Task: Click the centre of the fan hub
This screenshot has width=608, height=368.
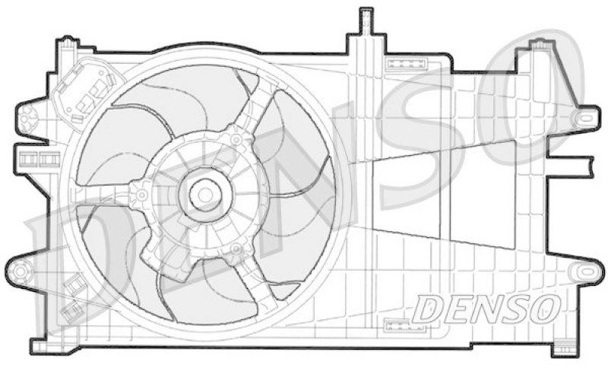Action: click(203, 195)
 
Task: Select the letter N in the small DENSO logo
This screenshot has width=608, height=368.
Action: click(489, 309)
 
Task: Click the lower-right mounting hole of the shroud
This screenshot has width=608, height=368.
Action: click(587, 271)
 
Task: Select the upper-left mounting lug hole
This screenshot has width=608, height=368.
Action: click(28, 118)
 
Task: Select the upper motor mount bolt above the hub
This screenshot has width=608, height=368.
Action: click(236, 140)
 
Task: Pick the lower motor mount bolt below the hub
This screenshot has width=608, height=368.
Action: click(236, 249)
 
